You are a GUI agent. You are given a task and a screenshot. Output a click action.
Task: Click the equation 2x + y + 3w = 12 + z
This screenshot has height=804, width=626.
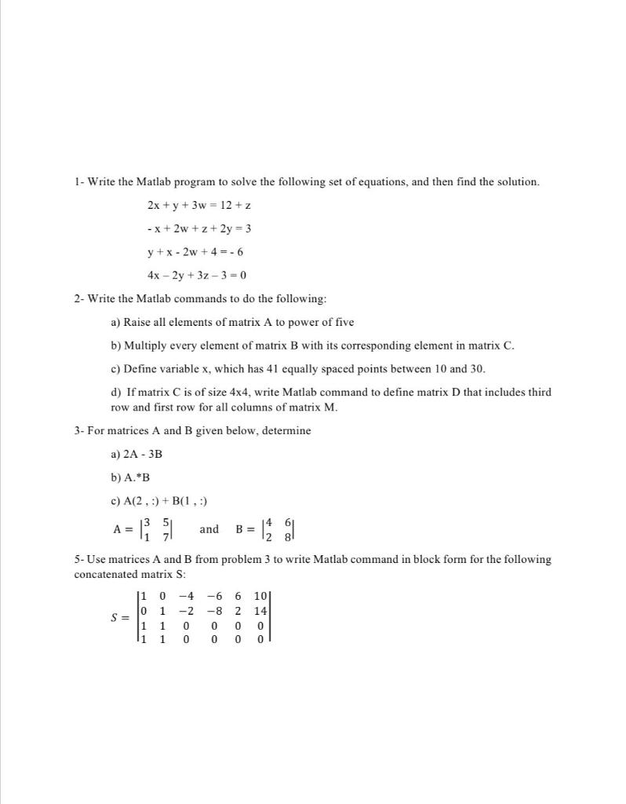(198, 205)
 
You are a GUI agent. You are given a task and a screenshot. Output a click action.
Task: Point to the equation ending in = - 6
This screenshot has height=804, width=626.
(196, 252)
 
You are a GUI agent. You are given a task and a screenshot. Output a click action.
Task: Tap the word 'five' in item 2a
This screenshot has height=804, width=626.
(344, 322)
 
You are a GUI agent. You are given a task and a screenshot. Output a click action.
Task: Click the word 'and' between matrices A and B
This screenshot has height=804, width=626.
(209, 529)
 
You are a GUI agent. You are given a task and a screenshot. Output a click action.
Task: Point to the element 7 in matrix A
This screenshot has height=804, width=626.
(166, 536)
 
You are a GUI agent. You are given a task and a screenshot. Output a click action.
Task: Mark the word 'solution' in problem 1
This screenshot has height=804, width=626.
(515, 181)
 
